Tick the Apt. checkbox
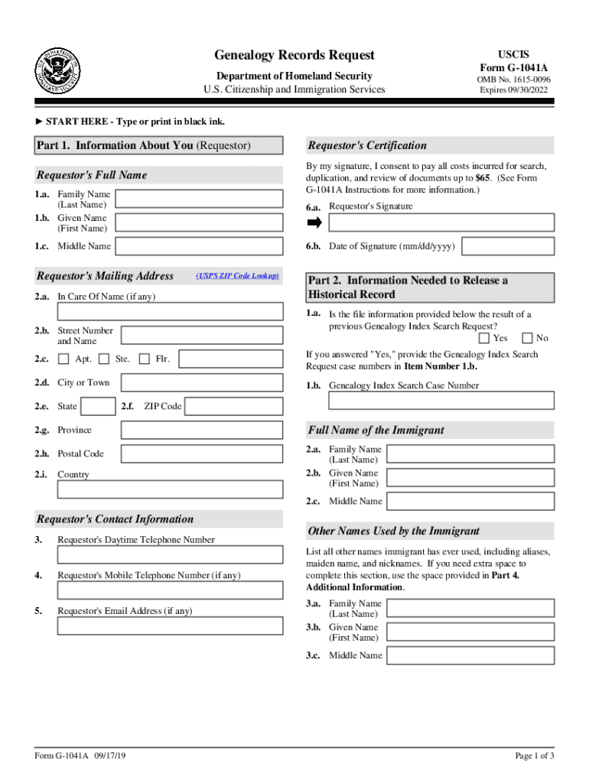tap(63, 359)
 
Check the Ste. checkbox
tap(103, 359)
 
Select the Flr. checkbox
tap(144, 359)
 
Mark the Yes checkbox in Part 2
tap(484, 338)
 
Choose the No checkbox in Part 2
tap(527, 338)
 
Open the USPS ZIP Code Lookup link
tap(237, 275)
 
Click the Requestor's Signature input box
tap(441, 223)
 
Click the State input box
tap(99, 406)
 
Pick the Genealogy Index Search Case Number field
tap(430, 401)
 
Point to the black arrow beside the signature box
tap(314, 223)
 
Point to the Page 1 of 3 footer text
tap(535, 756)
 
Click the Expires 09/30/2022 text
tap(514, 90)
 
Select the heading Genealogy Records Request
tap(294, 55)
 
